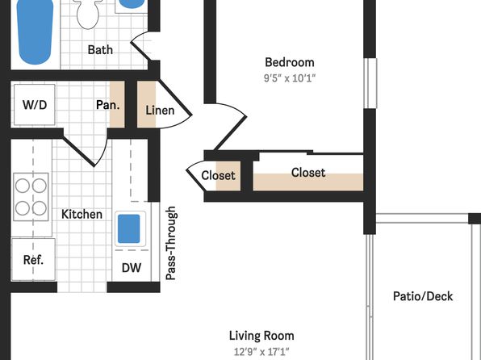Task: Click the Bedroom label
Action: [x=290, y=62]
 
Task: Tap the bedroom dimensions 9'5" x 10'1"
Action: [x=290, y=78]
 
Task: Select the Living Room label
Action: [x=261, y=336]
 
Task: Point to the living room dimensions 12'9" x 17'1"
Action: [x=261, y=351]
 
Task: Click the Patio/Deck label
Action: [x=423, y=296]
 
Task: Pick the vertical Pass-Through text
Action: [x=171, y=243]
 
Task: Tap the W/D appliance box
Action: [x=35, y=105]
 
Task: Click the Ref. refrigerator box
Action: [x=33, y=260]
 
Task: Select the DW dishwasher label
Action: [x=132, y=268]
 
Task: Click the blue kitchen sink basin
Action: [x=129, y=228]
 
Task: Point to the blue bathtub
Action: [x=35, y=31]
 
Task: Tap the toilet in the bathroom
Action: [x=88, y=14]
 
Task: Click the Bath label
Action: [x=100, y=50]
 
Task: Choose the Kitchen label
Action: [x=82, y=214]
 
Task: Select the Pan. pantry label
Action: [x=107, y=105]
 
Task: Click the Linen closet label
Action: [x=160, y=110]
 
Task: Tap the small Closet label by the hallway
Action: [x=218, y=175]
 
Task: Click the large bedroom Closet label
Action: [x=308, y=173]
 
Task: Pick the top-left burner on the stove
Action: [x=23, y=186]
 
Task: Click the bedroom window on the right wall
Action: [x=370, y=83]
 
